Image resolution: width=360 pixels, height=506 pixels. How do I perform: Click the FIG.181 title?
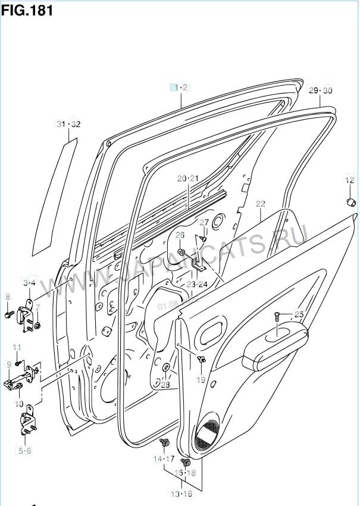click(27, 10)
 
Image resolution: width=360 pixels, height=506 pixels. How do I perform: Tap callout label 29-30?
click(320, 90)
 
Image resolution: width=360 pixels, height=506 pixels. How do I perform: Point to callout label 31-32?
click(68, 124)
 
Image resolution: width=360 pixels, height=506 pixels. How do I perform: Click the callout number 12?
click(350, 179)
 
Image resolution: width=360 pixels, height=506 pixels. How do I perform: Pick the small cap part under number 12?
click(350, 201)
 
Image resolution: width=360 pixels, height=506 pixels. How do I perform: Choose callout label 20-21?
click(187, 179)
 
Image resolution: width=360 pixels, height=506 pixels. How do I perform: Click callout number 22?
click(260, 204)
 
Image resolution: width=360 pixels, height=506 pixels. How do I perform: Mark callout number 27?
click(204, 223)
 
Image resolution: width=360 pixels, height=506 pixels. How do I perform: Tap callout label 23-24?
click(196, 284)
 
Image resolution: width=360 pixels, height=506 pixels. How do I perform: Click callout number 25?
click(299, 314)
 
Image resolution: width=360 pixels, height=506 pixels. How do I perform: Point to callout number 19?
click(201, 379)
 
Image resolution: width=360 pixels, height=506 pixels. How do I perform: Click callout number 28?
click(165, 385)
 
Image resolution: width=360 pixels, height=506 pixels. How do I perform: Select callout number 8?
click(8, 296)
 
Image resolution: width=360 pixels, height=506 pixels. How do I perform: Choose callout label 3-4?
click(29, 283)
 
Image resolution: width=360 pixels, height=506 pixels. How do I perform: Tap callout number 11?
click(17, 347)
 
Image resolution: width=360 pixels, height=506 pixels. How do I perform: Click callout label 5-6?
click(24, 451)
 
